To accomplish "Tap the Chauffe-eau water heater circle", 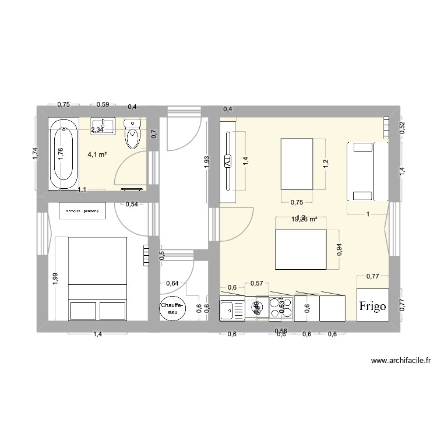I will point(173,309).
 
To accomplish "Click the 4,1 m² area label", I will point(97,155).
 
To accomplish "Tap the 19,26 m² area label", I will point(304,220).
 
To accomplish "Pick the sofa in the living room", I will point(367,171).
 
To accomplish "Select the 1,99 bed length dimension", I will point(55,279).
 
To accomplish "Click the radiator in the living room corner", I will point(386,128).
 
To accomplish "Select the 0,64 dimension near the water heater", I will point(172,283).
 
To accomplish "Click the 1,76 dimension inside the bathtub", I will point(61,153).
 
